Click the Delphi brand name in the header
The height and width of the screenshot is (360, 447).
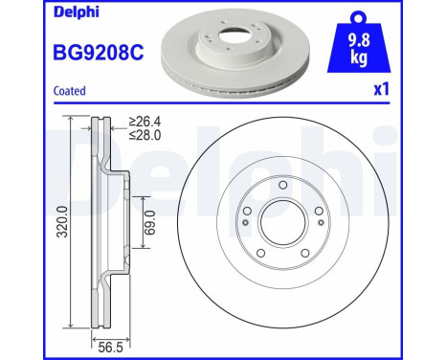pos(34,12)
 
